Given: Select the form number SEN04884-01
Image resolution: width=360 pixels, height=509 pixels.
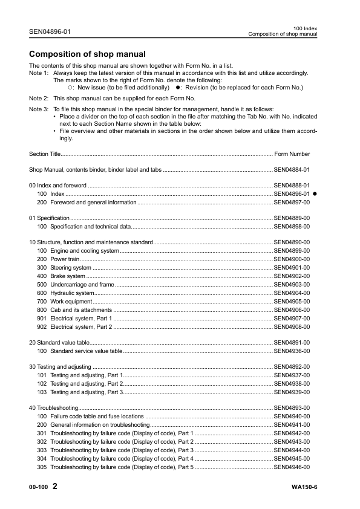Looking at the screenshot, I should [292, 170].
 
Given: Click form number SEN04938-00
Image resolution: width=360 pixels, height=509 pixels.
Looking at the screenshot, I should [292, 384].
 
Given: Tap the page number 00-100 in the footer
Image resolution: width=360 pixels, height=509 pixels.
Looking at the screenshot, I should [38, 487].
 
